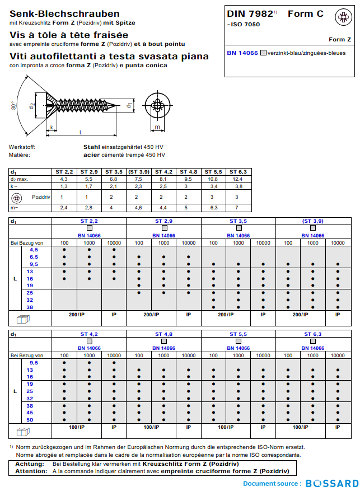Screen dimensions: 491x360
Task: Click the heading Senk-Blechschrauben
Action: (64, 13)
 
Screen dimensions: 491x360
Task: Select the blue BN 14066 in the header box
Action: (242, 53)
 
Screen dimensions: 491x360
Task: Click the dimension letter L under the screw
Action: (81, 132)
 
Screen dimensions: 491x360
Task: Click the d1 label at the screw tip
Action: (129, 105)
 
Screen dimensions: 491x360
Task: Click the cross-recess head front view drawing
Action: (158, 105)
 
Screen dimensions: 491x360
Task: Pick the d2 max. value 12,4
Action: (237, 179)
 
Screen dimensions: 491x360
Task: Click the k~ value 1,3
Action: (64, 186)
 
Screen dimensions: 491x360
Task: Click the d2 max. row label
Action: (21, 179)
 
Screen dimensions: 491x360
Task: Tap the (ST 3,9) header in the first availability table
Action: (312, 221)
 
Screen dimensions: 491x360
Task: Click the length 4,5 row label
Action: (34, 249)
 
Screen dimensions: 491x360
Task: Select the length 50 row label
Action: (30, 419)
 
